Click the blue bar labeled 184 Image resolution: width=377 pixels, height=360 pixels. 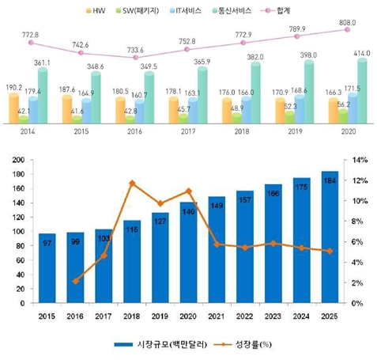tap(330, 237)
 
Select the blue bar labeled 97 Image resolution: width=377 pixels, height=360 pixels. tap(47, 269)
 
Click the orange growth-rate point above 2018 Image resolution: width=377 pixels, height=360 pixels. tap(131, 184)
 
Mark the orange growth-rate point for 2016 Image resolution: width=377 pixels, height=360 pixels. tap(75, 281)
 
